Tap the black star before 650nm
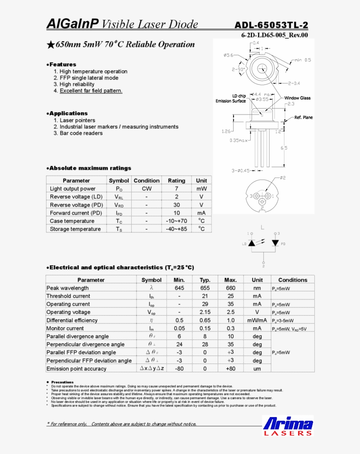[50, 44]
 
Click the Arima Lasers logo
[288, 426]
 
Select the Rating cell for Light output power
[176, 189]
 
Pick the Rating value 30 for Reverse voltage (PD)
[176, 205]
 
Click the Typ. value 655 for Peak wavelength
[205, 288]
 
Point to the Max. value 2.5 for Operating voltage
[230, 312]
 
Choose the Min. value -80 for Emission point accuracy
[179, 369]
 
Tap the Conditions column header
[292, 280]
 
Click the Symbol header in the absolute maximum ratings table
[119, 180]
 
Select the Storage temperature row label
[75, 229]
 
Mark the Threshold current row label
[68, 296]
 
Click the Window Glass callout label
[297, 98]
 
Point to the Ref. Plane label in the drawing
[303, 118]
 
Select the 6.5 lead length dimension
[284, 148]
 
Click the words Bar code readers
[81, 133]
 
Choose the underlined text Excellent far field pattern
[91, 91]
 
